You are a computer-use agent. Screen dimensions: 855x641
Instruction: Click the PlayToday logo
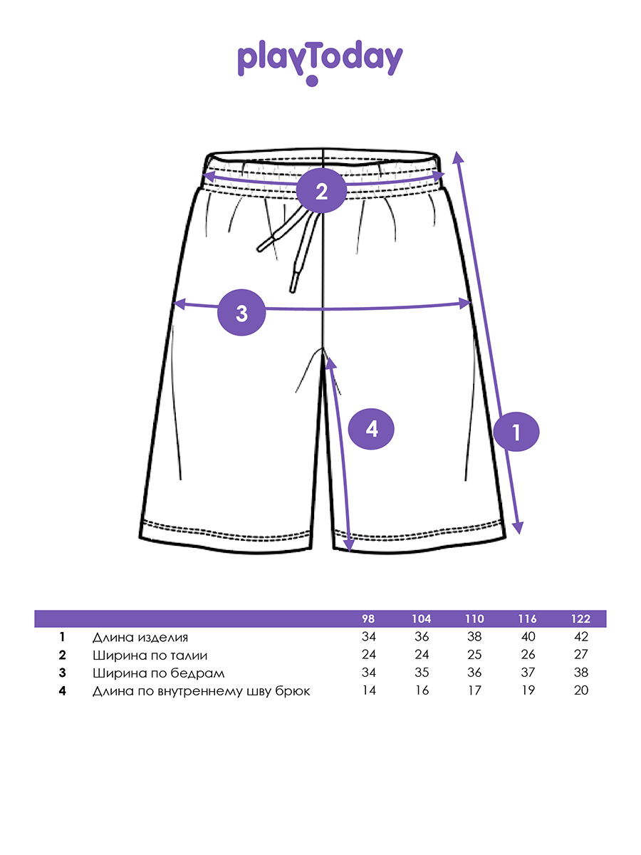pyautogui.click(x=320, y=60)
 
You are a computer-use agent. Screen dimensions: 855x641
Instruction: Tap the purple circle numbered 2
pyautogui.click(x=321, y=191)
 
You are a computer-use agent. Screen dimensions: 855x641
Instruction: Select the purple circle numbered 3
pyautogui.click(x=241, y=313)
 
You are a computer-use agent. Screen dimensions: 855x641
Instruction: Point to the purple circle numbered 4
pyautogui.click(x=371, y=429)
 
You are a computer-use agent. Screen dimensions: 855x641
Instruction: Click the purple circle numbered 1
pyautogui.click(x=516, y=432)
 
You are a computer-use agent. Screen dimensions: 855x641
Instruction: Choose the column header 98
pyautogui.click(x=368, y=618)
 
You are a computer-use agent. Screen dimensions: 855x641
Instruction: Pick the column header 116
pyautogui.click(x=528, y=618)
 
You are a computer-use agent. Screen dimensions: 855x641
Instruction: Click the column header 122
pyautogui.click(x=580, y=618)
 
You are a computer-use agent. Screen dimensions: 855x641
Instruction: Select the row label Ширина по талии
pyautogui.click(x=150, y=655)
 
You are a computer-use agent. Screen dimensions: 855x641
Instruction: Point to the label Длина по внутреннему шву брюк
pyautogui.click(x=201, y=690)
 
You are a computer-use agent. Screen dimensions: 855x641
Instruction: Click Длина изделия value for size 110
pyautogui.click(x=475, y=637)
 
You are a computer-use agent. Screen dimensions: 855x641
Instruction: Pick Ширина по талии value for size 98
pyautogui.click(x=368, y=655)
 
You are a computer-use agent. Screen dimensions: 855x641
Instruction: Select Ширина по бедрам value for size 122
pyautogui.click(x=580, y=673)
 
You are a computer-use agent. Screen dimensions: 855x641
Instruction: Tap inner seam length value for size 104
pyautogui.click(x=422, y=690)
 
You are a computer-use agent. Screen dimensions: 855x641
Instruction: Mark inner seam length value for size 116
pyautogui.click(x=528, y=690)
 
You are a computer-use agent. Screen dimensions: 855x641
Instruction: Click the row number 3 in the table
pyautogui.click(x=63, y=673)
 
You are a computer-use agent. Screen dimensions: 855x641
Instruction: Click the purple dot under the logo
pyautogui.click(x=311, y=81)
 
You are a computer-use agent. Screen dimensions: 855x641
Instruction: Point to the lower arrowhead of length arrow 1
pyautogui.click(x=518, y=529)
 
